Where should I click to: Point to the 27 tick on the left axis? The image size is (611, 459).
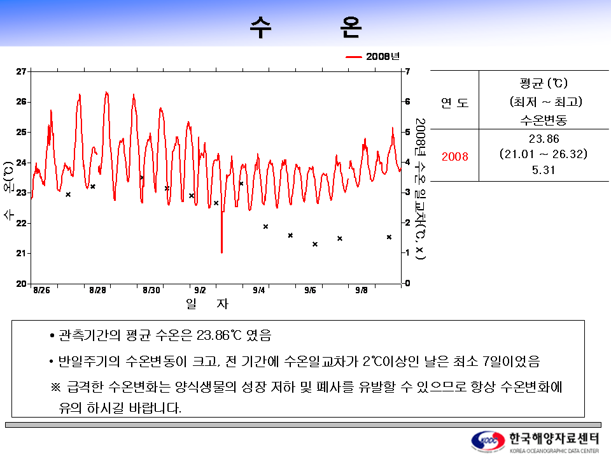coord(21,71)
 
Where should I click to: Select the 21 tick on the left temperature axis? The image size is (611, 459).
coord(21,253)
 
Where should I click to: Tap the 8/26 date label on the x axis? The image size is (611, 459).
coord(41,291)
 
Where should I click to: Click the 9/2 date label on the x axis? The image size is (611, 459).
coord(200,291)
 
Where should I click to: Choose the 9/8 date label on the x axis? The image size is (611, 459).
coord(361,291)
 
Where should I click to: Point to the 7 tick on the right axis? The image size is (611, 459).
coord(407,71)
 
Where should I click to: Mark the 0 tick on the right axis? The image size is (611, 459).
coord(407,283)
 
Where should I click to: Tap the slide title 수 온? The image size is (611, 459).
coord(305,27)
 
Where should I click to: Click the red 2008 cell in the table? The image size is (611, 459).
coord(455,156)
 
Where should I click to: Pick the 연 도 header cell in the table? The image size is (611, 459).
coord(454,102)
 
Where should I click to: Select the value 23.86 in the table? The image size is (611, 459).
coord(544,139)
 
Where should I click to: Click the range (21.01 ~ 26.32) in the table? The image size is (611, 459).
coord(544,154)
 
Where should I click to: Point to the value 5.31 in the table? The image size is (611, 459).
coord(544,170)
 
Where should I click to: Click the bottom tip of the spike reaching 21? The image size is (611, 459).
coord(221,252)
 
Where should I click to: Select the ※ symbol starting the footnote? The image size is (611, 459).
coord(55,388)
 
